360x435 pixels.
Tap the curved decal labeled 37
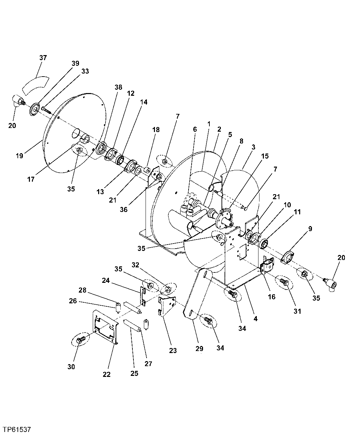[35, 85]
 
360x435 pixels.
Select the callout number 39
[75, 63]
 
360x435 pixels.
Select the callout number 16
[271, 297]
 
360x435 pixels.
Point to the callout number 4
[255, 319]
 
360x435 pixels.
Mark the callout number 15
[265, 156]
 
